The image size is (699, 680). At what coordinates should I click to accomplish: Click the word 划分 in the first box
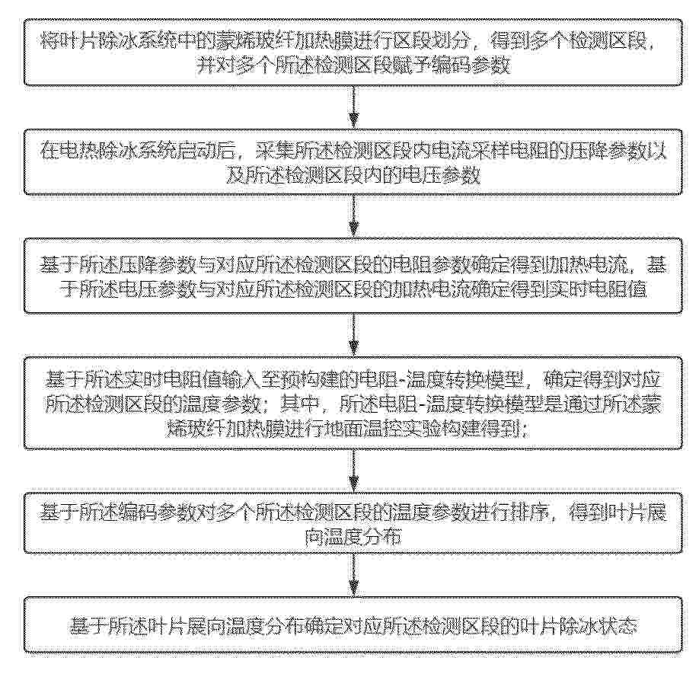pyautogui.click(x=450, y=43)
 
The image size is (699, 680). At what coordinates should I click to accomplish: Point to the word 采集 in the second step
pyautogui.click(x=274, y=152)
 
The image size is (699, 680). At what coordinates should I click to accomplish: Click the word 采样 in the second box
pyautogui.click(x=489, y=152)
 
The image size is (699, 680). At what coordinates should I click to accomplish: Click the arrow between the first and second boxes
pyautogui.click(x=353, y=107)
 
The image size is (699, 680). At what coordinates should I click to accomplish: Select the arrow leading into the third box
pyautogui.click(x=353, y=215)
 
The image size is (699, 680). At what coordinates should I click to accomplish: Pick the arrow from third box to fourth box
pyautogui.click(x=353, y=334)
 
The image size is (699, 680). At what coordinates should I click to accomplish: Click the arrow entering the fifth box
pyautogui.click(x=353, y=470)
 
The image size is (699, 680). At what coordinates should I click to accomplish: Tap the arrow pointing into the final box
pyautogui.click(x=353, y=575)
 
